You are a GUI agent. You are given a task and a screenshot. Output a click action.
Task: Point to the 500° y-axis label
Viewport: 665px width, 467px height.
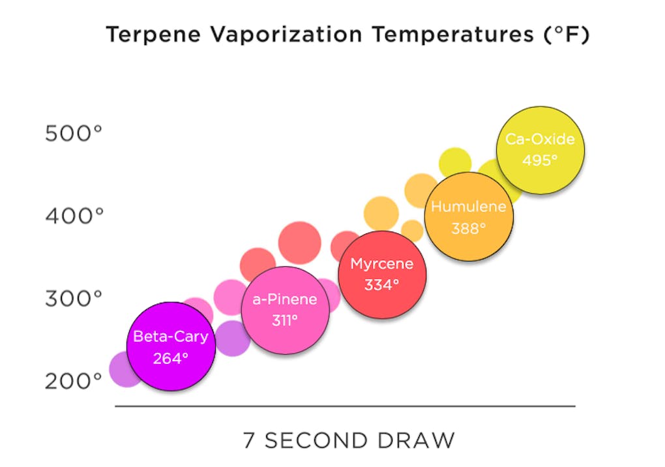[x=74, y=134]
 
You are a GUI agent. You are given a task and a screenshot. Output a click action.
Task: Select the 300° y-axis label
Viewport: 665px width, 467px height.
[x=74, y=299]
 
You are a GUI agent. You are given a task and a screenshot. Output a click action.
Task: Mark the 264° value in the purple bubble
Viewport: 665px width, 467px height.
[x=170, y=358]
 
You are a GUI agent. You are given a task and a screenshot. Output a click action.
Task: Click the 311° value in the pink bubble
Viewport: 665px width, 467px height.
[x=285, y=320]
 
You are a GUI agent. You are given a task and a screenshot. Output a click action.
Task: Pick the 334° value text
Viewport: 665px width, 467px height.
[x=381, y=285]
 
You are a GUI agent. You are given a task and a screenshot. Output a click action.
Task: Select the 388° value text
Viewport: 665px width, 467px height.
[x=469, y=229]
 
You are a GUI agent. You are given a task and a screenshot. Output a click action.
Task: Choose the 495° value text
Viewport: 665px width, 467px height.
[x=540, y=160]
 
